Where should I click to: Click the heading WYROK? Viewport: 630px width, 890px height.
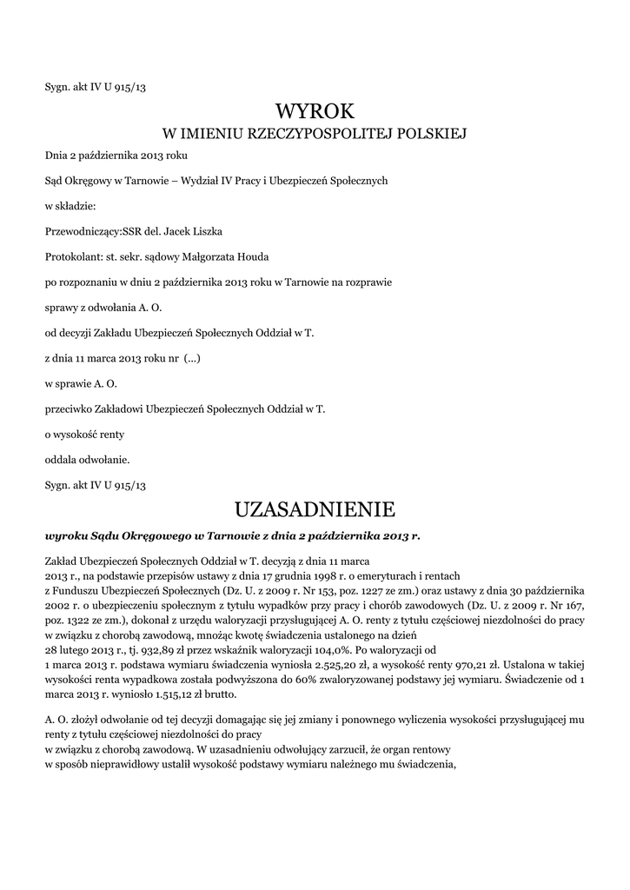[x=315, y=110]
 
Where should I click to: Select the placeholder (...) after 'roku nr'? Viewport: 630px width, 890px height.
[x=192, y=357]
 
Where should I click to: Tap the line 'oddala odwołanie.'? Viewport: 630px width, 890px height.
[x=87, y=458]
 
